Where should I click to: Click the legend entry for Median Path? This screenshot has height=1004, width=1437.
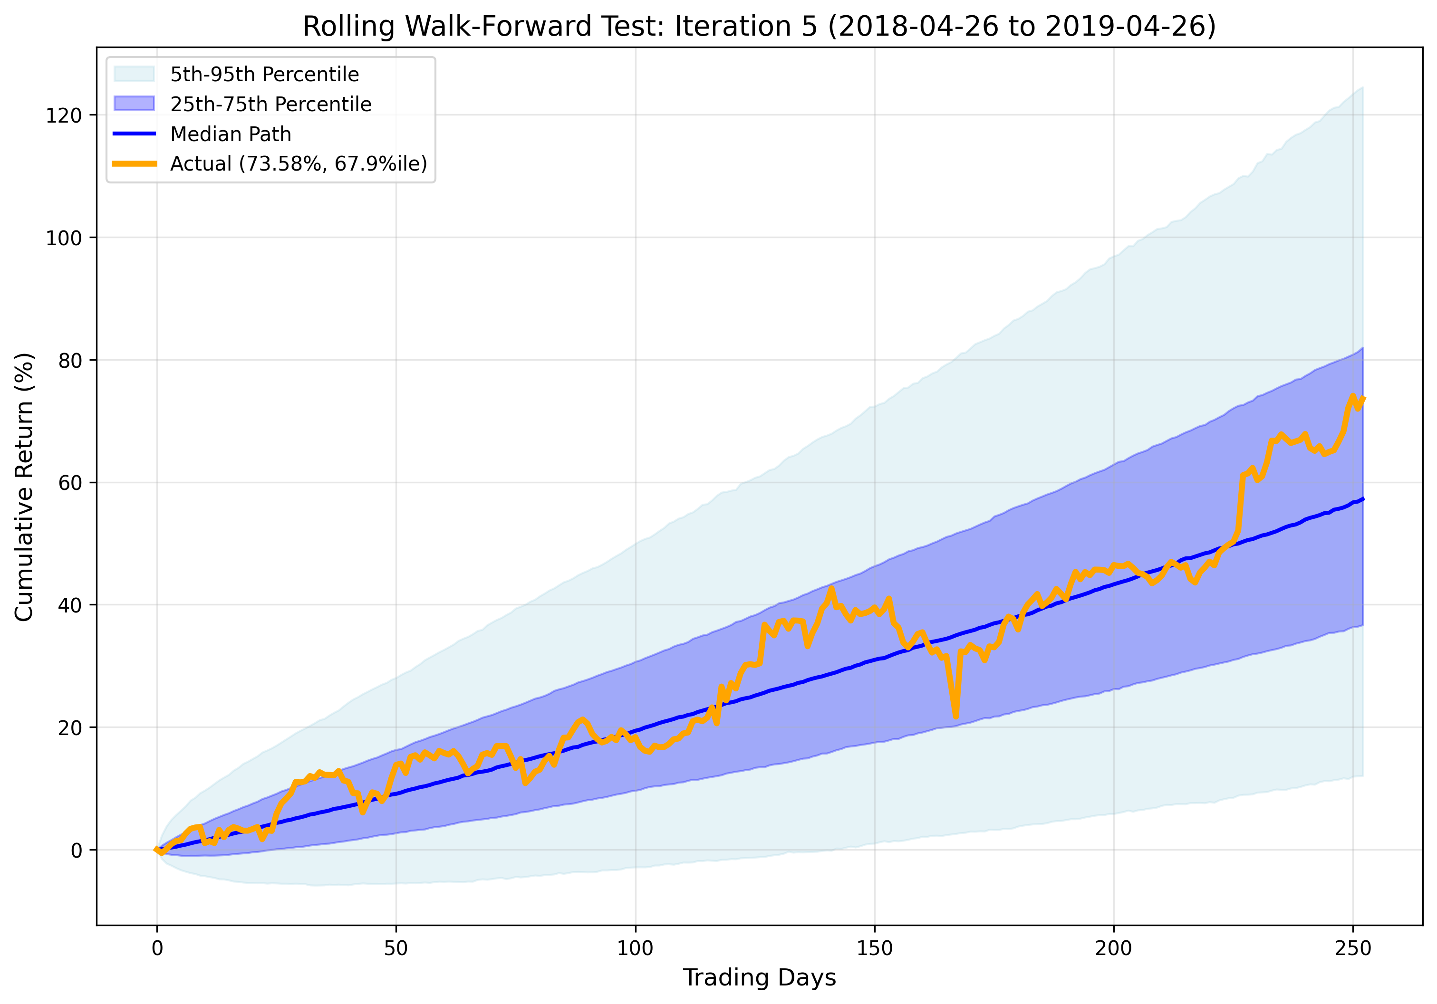(x=231, y=134)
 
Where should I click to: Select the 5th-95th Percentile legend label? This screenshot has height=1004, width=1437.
(x=264, y=75)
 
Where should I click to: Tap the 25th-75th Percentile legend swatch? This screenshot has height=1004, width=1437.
(x=134, y=104)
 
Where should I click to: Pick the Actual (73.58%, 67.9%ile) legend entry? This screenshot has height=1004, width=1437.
(x=298, y=163)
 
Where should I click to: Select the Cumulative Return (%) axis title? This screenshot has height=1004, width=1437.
(x=24, y=487)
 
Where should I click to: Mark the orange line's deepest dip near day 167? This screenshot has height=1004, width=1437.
(x=956, y=716)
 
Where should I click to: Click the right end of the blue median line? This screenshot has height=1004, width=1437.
(x=1362, y=498)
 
